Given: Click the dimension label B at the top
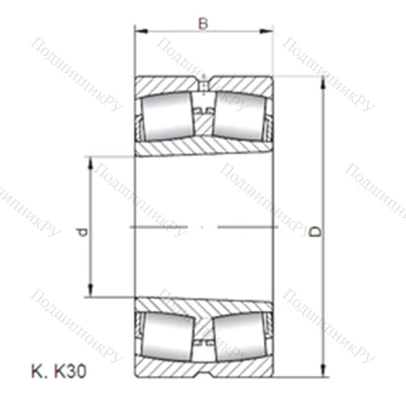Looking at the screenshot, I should (203, 23).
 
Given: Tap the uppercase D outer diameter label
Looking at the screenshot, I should (316, 233).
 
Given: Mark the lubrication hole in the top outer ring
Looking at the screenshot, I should (202, 81).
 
